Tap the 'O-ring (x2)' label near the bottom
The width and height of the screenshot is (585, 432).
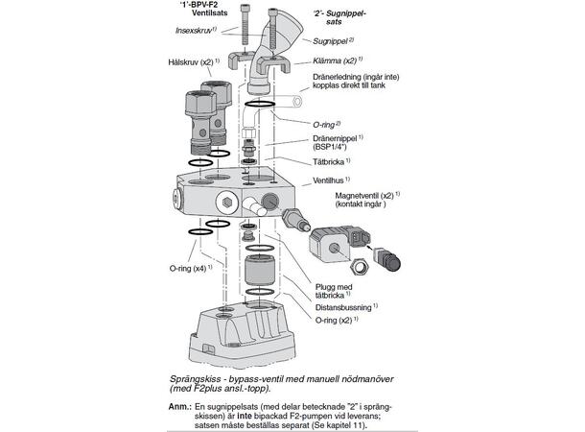[339, 322]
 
